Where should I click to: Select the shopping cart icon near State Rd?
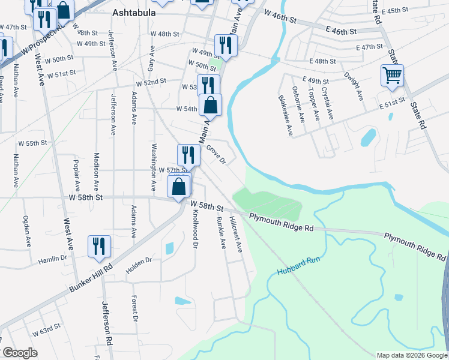(x=392, y=76)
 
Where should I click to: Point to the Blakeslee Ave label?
(x=285, y=114)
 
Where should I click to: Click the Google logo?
(x=20, y=353)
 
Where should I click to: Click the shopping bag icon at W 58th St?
(x=179, y=185)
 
